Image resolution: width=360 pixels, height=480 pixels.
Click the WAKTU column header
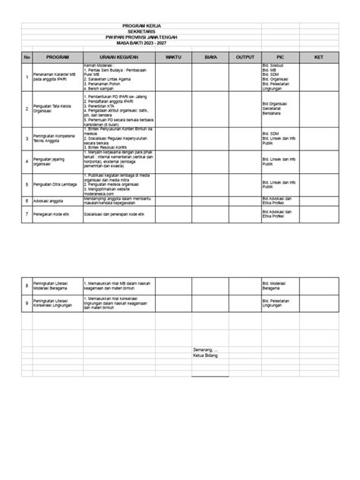(174, 57)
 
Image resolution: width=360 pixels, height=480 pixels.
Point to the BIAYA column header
(210, 57)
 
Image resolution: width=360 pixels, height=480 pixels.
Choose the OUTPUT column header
(245, 57)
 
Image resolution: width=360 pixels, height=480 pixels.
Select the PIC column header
(280, 57)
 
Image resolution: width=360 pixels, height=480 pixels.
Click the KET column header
(319, 57)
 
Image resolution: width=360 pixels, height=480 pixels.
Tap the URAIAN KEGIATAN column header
(117, 57)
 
